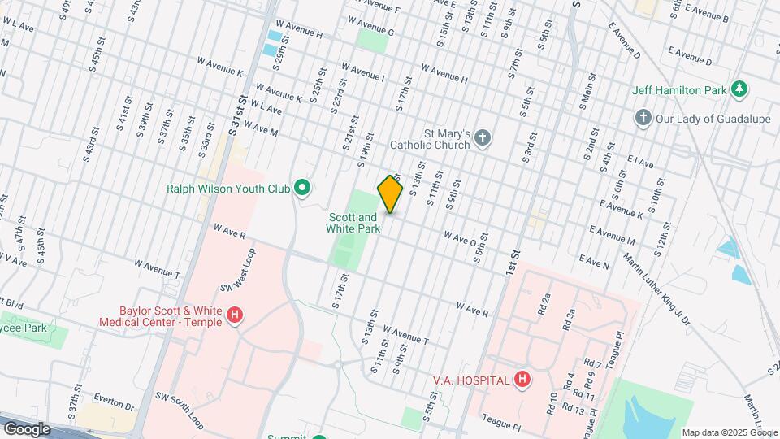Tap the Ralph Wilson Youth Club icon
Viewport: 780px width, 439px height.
(302, 189)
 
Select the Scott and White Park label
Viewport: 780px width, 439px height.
(353, 223)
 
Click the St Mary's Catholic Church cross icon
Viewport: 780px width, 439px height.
(483, 137)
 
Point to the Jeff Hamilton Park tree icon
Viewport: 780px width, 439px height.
(739, 89)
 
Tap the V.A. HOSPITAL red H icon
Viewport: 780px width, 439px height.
(522, 380)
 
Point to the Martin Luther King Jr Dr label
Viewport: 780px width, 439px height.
(656, 289)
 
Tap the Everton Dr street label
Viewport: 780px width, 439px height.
(114, 402)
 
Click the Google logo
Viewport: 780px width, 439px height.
(27, 428)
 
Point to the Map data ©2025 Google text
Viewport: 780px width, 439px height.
(730, 432)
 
